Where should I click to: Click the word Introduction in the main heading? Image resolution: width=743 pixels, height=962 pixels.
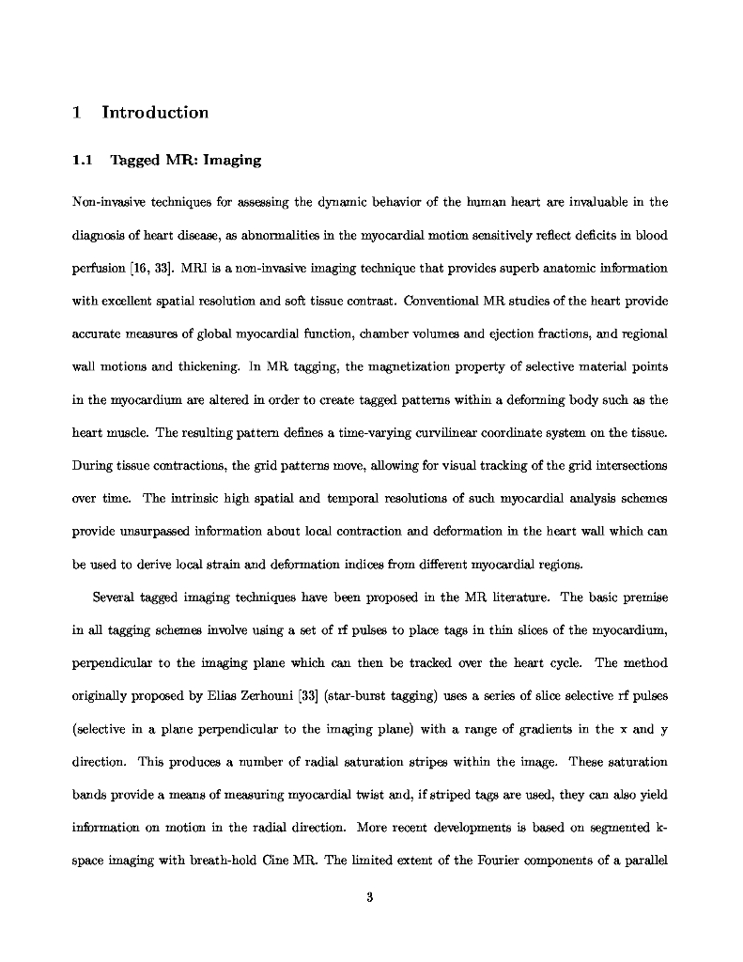click(155, 113)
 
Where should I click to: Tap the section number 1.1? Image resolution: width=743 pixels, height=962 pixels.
click(82, 160)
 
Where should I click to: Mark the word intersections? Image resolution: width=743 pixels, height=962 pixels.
click(629, 466)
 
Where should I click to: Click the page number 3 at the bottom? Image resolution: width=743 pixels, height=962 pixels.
click(370, 897)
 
